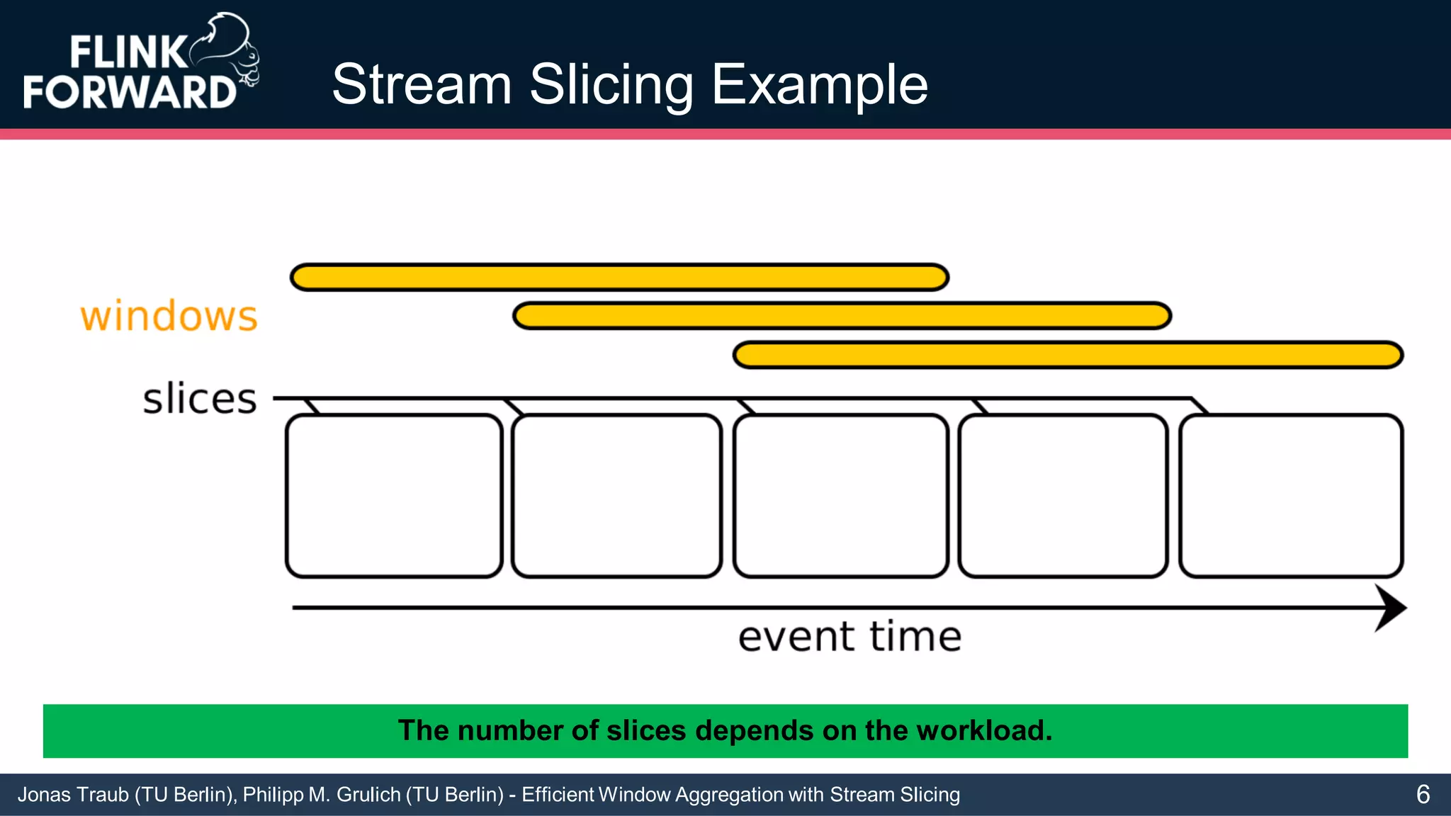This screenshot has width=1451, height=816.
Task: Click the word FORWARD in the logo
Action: pos(130,92)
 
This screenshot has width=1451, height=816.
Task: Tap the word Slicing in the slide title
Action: pos(611,85)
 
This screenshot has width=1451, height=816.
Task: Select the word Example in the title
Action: pos(819,85)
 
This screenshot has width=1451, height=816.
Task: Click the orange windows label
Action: pos(169,317)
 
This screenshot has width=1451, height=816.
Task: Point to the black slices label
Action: pos(200,399)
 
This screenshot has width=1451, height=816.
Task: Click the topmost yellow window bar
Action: pos(619,277)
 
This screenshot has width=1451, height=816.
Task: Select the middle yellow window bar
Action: pos(842,316)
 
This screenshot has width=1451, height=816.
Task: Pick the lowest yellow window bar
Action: pos(1068,355)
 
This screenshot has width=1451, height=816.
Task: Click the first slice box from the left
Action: pos(394,496)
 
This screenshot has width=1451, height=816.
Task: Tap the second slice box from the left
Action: pos(616,496)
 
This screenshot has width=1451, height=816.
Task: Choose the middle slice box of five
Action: pos(840,496)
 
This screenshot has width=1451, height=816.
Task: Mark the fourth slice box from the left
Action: pos(1063,496)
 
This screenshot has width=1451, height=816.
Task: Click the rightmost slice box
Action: pos(1291,496)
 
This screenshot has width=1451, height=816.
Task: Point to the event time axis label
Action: pos(849,637)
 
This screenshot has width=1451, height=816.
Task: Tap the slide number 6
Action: pos(1423,795)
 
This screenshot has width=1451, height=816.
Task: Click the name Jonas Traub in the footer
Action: pos(74,795)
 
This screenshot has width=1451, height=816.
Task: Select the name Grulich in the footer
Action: pos(368,795)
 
